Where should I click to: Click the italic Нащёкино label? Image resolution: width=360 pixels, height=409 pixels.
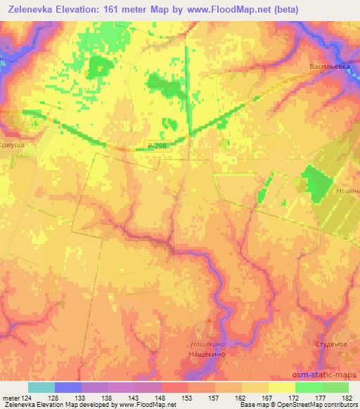pyautogui.click(x=207, y=344)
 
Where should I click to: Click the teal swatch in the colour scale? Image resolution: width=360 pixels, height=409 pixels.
pyautogui.click(x=41, y=387)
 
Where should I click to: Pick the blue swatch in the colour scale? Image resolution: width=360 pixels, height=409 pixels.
pyautogui.click(x=68, y=387)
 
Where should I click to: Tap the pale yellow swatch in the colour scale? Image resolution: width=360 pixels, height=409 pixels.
pyautogui.click(x=281, y=387)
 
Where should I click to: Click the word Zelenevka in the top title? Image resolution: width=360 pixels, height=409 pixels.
pyautogui.click(x=31, y=10)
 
